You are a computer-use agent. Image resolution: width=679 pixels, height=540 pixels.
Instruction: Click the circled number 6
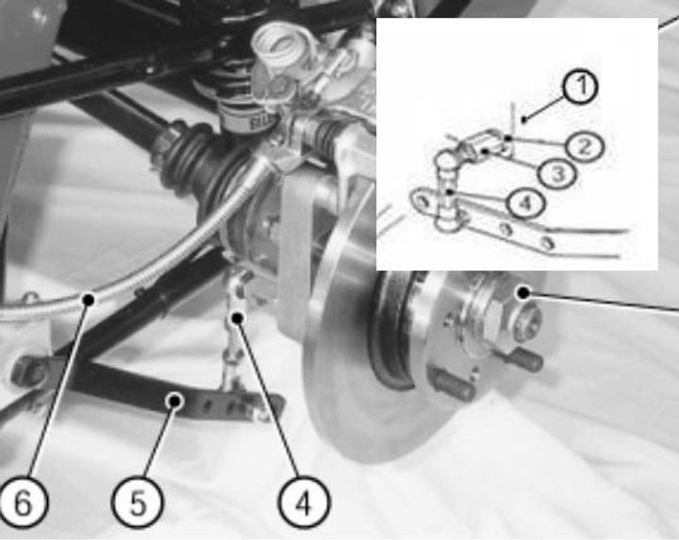23,502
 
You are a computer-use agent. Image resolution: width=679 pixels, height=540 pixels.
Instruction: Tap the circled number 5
138,502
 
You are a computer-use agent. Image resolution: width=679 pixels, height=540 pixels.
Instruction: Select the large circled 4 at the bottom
304,502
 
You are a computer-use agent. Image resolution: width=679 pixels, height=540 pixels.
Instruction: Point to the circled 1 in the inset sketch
581,86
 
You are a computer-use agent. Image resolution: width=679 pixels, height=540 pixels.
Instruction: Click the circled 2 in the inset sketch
585,147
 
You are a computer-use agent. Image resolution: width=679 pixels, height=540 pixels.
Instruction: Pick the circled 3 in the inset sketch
558,174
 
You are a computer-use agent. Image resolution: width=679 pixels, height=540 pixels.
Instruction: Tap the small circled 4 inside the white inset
525,204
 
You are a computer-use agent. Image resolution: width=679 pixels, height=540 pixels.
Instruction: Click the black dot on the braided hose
89,299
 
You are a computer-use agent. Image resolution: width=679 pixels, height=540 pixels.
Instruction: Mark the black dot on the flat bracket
175,401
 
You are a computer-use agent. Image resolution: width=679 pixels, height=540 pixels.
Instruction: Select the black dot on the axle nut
524,293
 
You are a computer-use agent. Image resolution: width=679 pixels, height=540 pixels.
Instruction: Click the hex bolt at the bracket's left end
29,370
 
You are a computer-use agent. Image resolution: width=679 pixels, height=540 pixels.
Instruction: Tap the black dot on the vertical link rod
238,319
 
